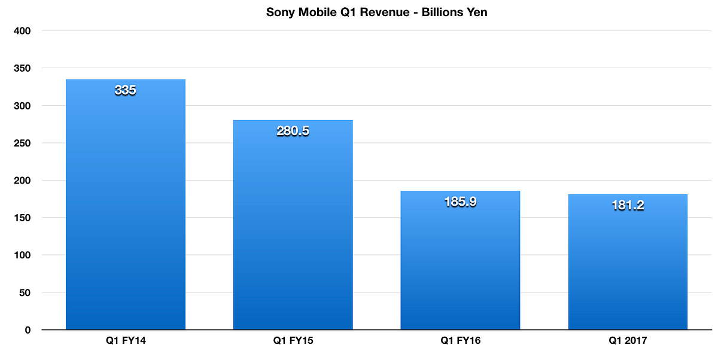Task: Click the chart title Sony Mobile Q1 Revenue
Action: pyautogui.click(x=376, y=12)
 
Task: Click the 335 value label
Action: pyautogui.click(x=125, y=91)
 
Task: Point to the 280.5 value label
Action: pyautogui.click(x=293, y=132)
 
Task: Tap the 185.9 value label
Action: pyautogui.click(x=460, y=202)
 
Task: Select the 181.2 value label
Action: pyautogui.click(x=628, y=205)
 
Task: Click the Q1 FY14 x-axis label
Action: pyautogui.click(x=125, y=341)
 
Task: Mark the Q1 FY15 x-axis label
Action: pyautogui.click(x=293, y=341)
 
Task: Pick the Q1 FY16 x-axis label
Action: pyautogui.click(x=460, y=341)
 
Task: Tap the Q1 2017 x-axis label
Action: pyautogui.click(x=628, y=341)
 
